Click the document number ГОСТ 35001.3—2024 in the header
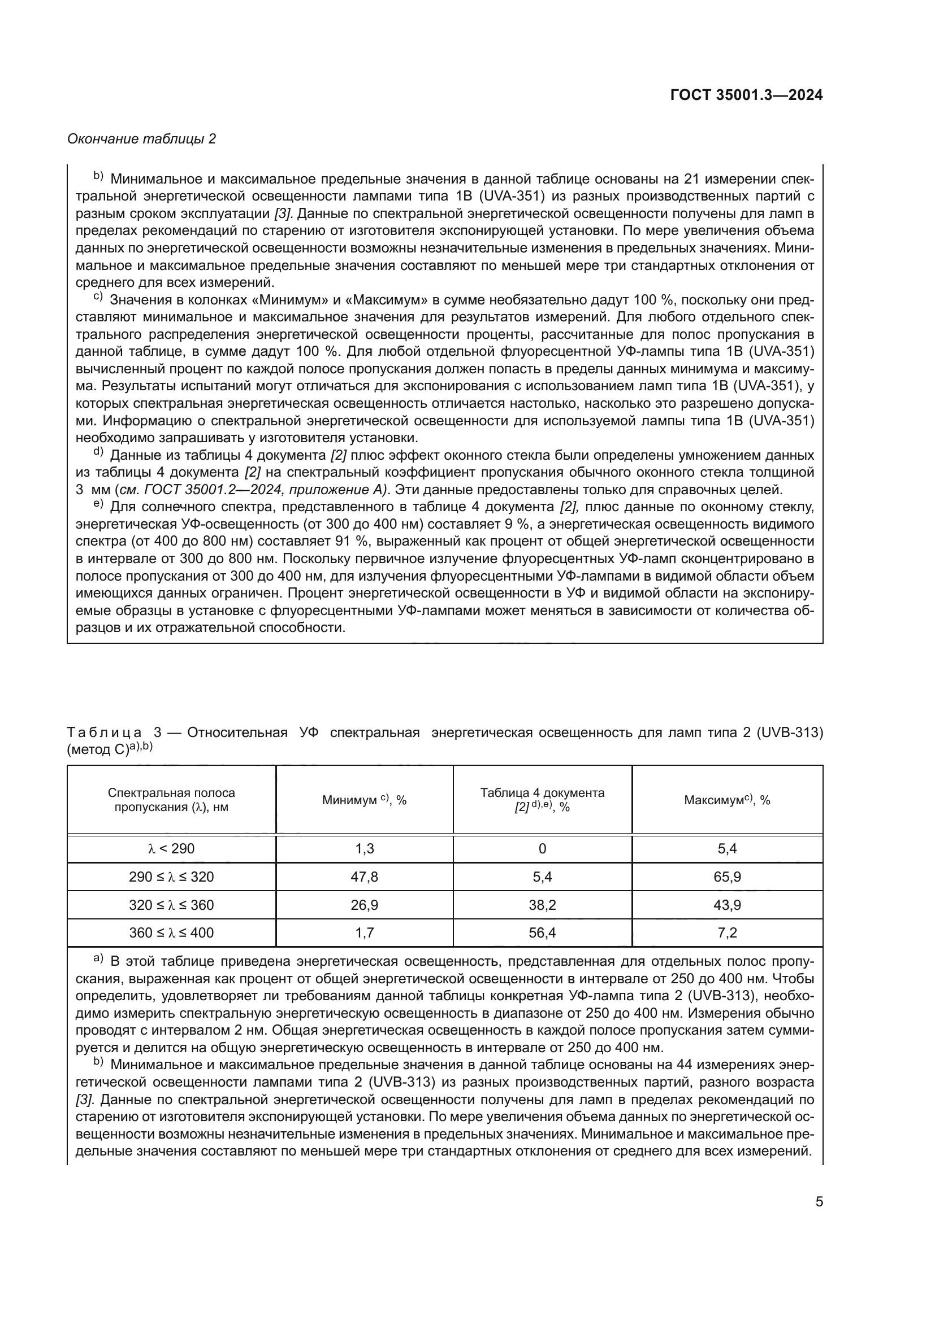(746, 95)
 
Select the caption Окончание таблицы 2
(142, 139)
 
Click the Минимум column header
(364, 800)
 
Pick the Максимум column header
(726, 800)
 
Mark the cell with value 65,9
(726, 877)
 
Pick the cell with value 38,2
(542, 905)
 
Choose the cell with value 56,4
(542, 932)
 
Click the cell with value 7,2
(726, 932)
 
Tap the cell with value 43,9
(726, 905)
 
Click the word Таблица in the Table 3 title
(104, 733)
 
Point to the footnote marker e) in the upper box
(98, 504)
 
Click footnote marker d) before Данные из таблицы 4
(98, 453)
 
